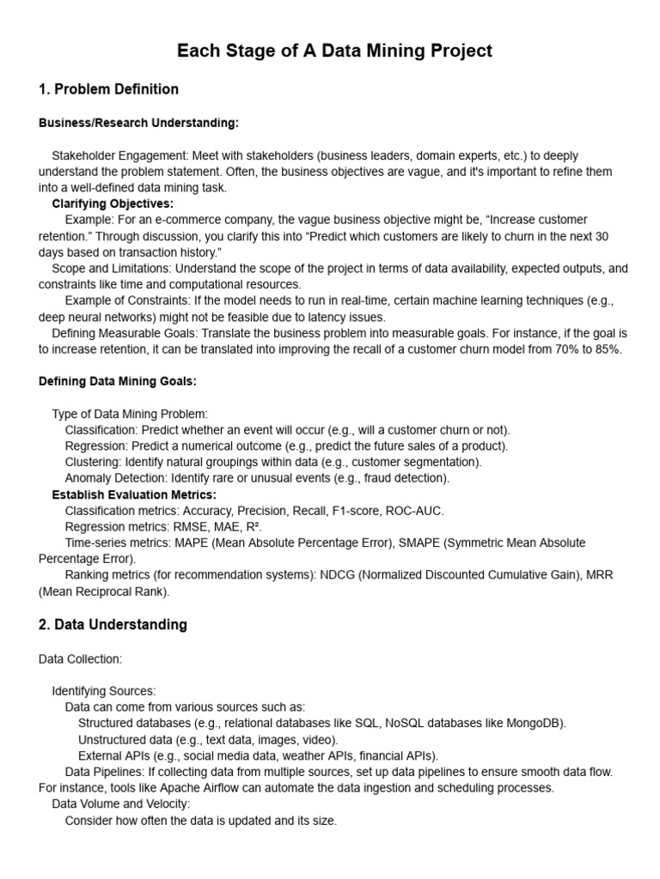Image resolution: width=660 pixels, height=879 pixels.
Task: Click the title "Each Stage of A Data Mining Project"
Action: click(x=334, y=52)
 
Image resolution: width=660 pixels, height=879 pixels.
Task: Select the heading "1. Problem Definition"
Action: click(x=109, y=89)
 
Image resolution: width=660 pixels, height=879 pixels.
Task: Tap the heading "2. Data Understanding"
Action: click(x=113, y=625)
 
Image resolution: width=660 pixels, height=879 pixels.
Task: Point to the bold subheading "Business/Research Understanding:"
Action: click(x=138, y=123)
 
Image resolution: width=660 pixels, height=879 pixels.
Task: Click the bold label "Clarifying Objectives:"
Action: click(x=113, y=203)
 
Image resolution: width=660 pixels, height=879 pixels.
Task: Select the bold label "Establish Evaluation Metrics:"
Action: click(x=134, y=494)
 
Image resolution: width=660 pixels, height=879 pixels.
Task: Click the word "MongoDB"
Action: click(x=536, y=723)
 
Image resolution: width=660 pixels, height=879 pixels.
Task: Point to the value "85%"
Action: click(x=604, y=349)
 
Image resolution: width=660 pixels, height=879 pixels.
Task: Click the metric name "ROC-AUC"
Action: click(x=414, y=511)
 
